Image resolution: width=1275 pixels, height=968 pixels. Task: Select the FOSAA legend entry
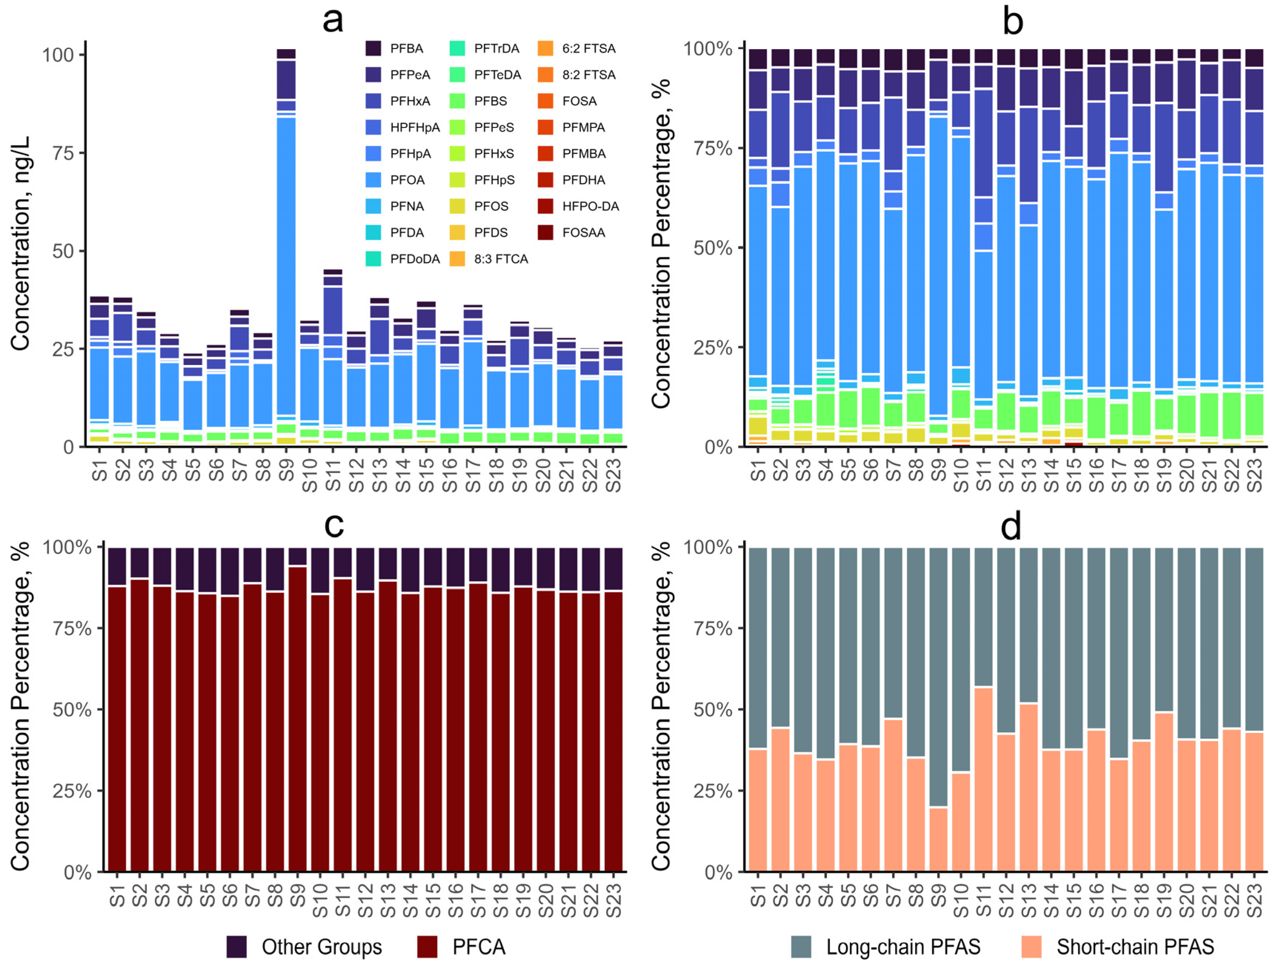583,233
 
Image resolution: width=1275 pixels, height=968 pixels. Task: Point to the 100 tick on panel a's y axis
58,55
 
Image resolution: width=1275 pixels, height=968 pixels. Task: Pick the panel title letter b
1013,21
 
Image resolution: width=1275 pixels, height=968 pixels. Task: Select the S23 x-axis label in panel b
1254,476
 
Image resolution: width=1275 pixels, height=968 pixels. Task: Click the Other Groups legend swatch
236,947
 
